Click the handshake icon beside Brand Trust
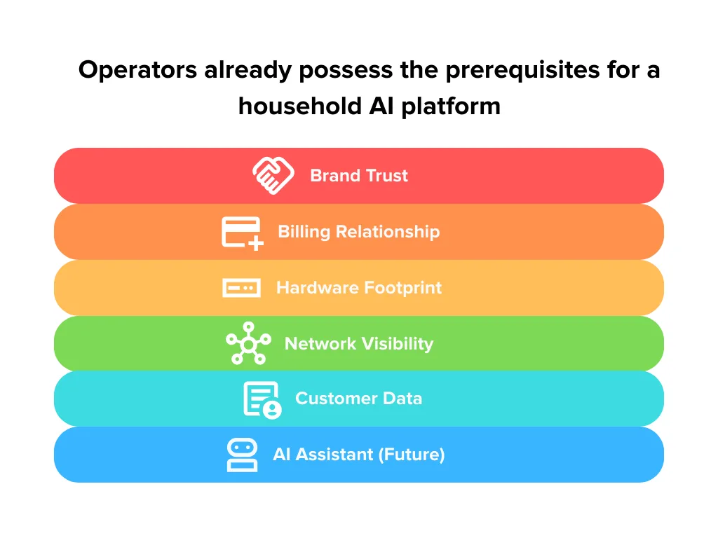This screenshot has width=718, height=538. coord(273,175)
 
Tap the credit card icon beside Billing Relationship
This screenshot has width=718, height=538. coord(243,233)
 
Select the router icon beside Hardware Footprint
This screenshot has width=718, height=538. coord(241,288)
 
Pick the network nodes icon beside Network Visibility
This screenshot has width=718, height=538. coord(248,343)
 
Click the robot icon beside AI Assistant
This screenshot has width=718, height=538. coord(242,455)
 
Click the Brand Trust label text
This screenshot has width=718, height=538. coord(359,175)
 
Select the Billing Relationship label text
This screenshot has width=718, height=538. coord(359,232)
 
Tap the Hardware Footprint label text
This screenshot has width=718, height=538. coord(359,288)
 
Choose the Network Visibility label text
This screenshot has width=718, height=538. coord(359,343)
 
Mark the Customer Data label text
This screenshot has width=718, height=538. coord(359,399)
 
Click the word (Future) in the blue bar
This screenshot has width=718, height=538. coord(412,455)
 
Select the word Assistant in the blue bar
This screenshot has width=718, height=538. coord(335,455)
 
